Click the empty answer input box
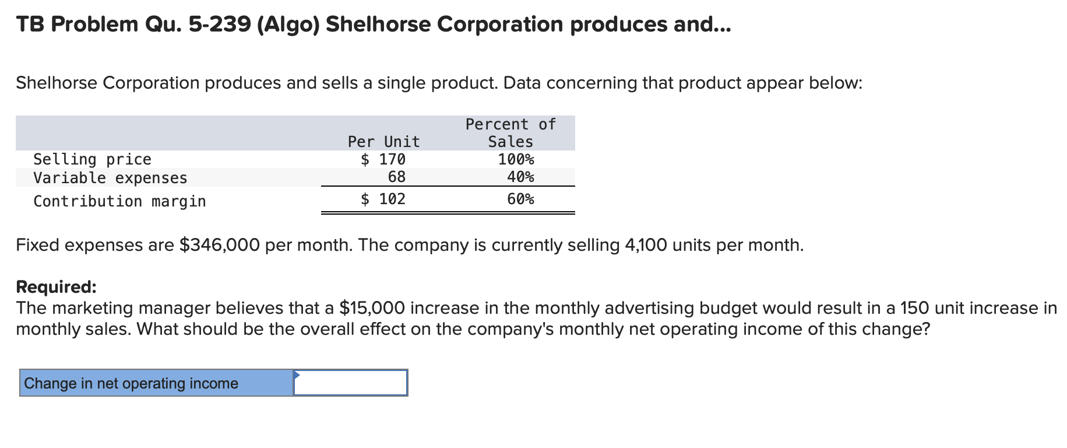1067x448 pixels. (x=350, y=383)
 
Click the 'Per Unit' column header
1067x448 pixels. (x=383, y=142)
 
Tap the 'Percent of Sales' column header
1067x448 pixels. (x=510, y=133)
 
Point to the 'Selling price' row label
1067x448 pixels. (x=92, y=159)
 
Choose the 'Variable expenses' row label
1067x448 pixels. (x=110, y=178)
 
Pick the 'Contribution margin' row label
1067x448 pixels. (x=119, y=201)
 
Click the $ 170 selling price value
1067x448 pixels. (x=383, y=159)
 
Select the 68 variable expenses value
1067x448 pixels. (x=396, y=177)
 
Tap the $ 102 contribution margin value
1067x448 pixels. (x=383, y=199)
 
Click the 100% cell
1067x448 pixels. (x=516, y=159)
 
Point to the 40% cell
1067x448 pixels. (x=520, y=177)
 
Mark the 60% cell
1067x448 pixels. (x=520, y=199)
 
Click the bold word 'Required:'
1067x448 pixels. (x=56, y=287)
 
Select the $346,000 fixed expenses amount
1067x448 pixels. (x=219, y=245)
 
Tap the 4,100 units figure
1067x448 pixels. (x=646, y=245)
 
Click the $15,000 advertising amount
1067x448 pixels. (x=372, y=308)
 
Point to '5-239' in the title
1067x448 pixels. (x=220, y=24)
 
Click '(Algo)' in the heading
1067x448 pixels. (x=288, y=24)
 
